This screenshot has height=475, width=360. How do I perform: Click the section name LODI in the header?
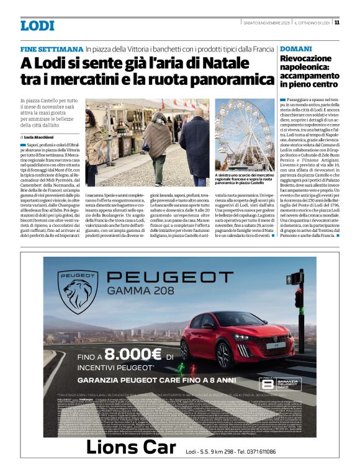(x=37, y=25)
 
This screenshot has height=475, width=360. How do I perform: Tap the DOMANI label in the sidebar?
(x=294, y=48)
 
